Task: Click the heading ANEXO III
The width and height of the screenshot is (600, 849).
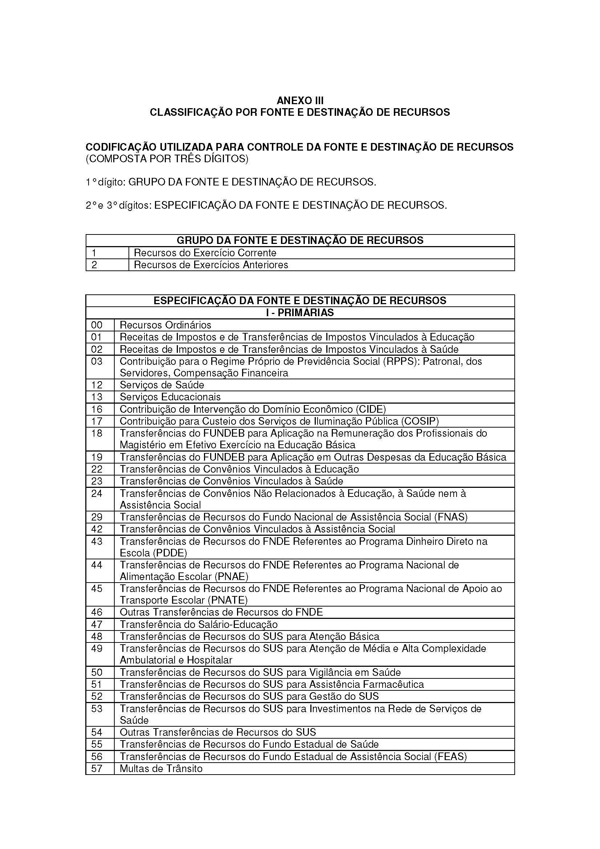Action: pyautogui.click(x=300, y=101)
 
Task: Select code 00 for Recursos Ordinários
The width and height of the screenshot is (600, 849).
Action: pyautogui.click(x=97, y=325)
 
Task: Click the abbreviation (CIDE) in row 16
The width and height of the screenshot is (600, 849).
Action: pyautogui.click(x=371, y=409)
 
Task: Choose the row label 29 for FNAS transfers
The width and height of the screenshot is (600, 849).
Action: pyautogui.click(x=97, y=517)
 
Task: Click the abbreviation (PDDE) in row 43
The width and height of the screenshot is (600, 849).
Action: pyautogui.click(x=172, y=553)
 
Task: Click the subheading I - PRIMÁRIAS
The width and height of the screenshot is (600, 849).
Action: pyautogui.click(x=300, y=313)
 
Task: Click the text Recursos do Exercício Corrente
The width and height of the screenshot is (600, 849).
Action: pyautogui.click(x=205, y=253)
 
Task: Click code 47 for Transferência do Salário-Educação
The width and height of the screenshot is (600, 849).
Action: pyautogui.click(x=97, y=625)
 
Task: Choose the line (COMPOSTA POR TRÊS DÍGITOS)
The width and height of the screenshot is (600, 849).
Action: pyautogui.click(x=167, y=159)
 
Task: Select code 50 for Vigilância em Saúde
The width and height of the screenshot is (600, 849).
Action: pyautogui.click(x=97, y=672)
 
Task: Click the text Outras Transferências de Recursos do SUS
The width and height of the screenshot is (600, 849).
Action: pyautogui.click(x=218, y=732)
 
